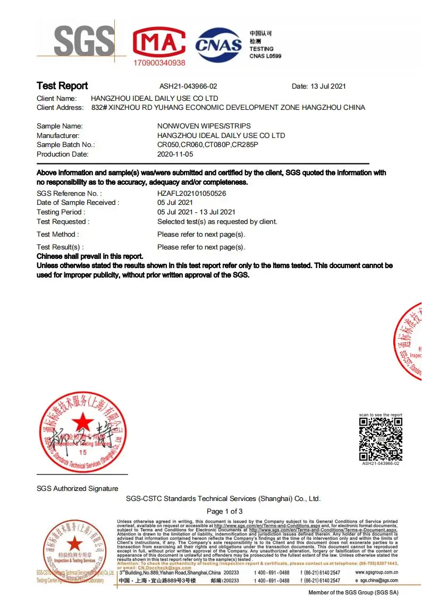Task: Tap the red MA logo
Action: coord(159,42)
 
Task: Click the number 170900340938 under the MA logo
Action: coord(159,63)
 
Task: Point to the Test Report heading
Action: coord(62,86)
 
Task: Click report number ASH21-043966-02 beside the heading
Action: coord(188,87)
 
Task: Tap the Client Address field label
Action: coord(60,108)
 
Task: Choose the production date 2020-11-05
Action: coord(176,154)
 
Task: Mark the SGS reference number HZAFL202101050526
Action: coord(192,194)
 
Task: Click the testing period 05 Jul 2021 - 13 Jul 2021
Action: coord(196,212)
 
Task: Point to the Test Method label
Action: coord(57,235)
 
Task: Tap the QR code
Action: coord(381,439)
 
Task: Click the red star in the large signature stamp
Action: coord(82,423)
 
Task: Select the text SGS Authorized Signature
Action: coord(78,488)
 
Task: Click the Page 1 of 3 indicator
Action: coord(224,511)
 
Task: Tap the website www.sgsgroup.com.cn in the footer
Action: coord(376,573)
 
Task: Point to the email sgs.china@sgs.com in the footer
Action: coord(378,581)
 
